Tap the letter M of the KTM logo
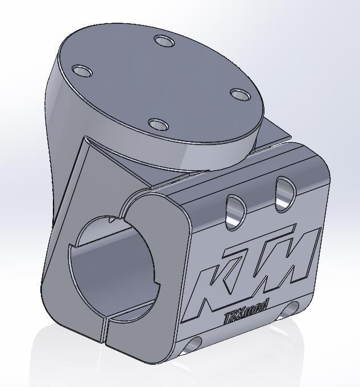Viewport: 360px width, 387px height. tap(290, 259)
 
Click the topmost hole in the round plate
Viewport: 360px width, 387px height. tap(164, 42)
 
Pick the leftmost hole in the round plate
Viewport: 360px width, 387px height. tap(82, 71)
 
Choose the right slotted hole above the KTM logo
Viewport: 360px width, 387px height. tap(284, 193)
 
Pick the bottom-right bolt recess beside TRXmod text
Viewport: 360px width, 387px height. tap(291, 308)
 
